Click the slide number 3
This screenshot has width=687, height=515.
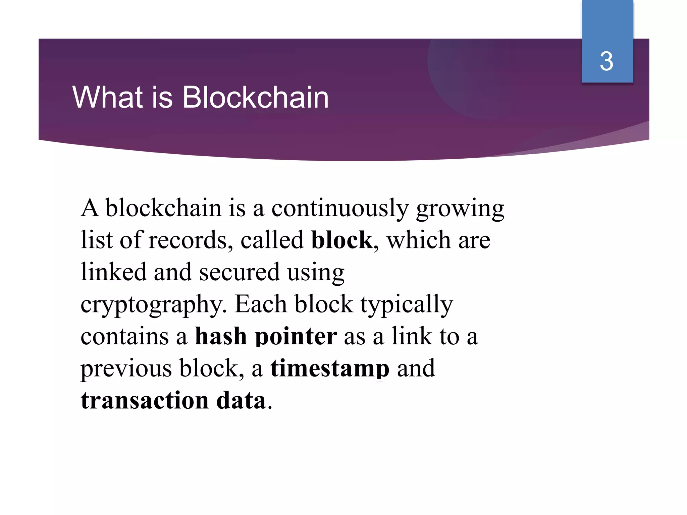click(606, 61)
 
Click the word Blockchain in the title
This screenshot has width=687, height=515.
click(255, 97)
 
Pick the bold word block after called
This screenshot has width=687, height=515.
click(341, 240)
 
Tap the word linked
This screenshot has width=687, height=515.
click(114, 272)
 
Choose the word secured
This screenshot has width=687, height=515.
click(239, 272)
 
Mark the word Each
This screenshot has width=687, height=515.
click(261, 304)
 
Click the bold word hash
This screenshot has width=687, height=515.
click(221, 336)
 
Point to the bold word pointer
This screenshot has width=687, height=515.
click(296, 336)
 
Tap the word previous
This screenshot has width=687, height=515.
click(126, 368)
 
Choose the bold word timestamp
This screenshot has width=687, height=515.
click(330, 368)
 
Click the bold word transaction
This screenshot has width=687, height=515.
click(145, 400)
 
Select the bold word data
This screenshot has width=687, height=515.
click(241, 400)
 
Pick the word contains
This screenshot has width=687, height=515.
click(125, 336)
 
